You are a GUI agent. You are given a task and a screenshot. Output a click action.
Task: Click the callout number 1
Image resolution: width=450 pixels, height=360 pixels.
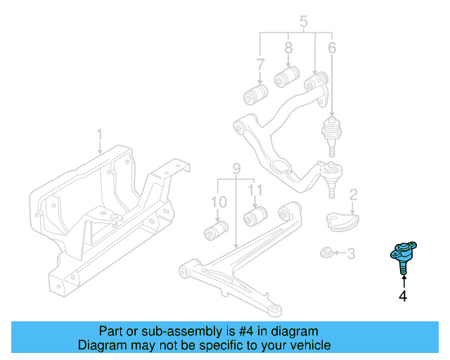tap(99, 134)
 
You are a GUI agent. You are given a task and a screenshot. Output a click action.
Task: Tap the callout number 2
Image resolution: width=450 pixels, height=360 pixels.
tap(354, 194)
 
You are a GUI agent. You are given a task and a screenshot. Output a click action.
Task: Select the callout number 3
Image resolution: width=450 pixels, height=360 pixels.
tap(352, 253)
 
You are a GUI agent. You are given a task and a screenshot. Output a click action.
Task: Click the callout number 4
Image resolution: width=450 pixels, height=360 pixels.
tap(403, 297)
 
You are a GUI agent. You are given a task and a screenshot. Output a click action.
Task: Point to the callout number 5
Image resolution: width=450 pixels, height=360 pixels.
tap(304, 22)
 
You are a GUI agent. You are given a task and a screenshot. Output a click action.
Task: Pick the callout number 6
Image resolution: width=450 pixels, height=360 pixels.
tap(332, 49)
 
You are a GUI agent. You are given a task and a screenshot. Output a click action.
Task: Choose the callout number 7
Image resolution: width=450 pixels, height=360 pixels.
tap(260, 65)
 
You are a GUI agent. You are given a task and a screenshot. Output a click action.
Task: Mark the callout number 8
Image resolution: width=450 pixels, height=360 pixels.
tap(288, 49)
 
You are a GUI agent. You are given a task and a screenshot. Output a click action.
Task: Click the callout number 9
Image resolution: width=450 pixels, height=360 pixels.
tap(236, 169)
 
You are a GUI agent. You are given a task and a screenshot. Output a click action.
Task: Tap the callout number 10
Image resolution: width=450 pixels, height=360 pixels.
tap(219, 202)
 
